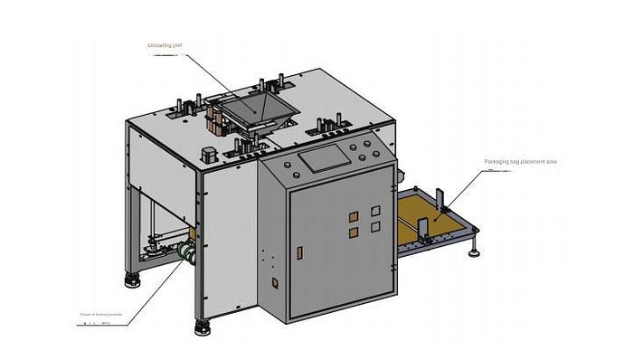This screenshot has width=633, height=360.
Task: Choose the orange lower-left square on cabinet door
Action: [353, 232]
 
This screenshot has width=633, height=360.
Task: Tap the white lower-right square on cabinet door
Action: [373, 230]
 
